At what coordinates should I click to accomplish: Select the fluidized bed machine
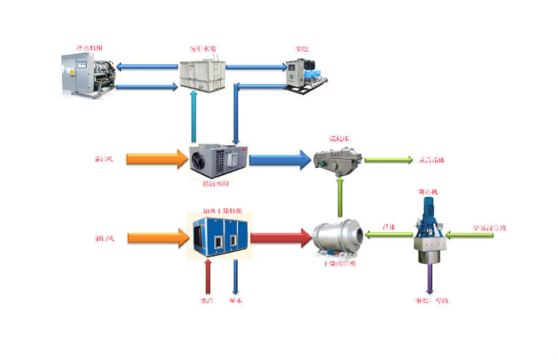click(x=338, y=160)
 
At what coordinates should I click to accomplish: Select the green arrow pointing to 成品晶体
click(x=386, y=160)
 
